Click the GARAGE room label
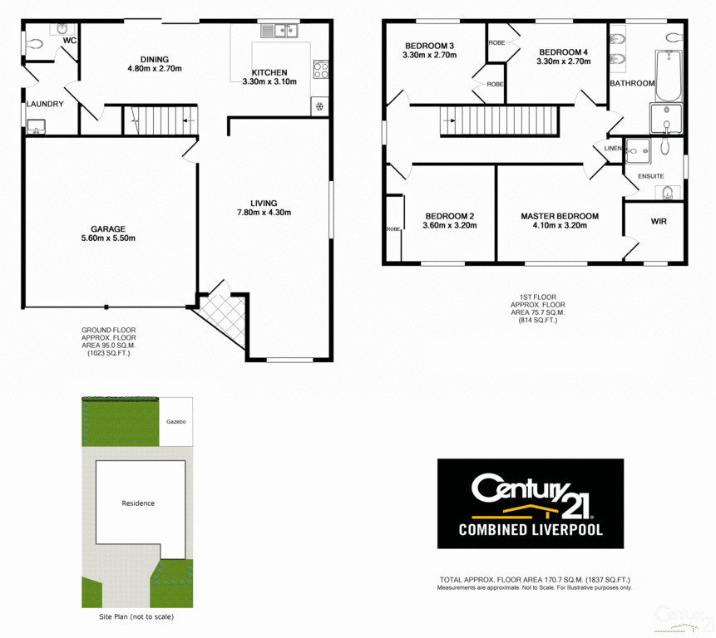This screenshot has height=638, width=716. [x=108, y=228]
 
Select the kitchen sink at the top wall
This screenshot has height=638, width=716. [x=279, y=32]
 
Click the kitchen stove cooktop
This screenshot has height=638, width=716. [x=320, y=70]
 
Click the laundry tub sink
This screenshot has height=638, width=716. [x=36, y=126]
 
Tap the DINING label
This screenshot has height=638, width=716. [x=155, y=59]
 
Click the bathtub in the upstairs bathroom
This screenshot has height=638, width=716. [x=668, y=75]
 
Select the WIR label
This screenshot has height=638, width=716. [x=659, y=222]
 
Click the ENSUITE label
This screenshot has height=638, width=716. [x=650, y=176]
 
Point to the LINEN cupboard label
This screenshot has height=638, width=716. [x=613, y=149]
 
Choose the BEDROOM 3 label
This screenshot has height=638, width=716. [x=430, y=46]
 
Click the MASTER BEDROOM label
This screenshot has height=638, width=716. [x=560, y=216]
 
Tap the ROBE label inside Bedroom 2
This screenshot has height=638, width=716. [x=393, y=228]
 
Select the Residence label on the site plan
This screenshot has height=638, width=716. [x=138, y=503]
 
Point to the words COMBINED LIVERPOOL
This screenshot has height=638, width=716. [x=530, y=529]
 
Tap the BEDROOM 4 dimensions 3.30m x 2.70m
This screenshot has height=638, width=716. [x=563, y=61]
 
